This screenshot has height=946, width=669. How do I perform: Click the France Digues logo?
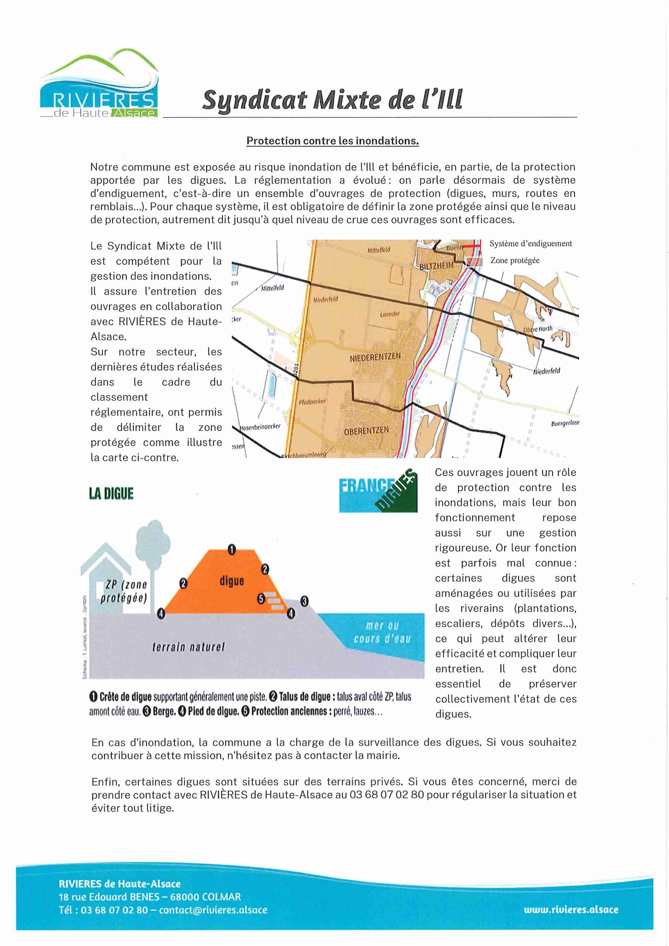(x=378, y=491)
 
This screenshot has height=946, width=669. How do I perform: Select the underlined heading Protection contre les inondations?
(x=332, y=141)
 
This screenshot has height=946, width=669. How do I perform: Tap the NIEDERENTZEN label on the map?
(x=375, y=357)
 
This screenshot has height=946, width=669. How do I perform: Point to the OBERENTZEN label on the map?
(x=366, y=431)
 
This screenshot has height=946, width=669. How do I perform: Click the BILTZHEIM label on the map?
(x=436, y=266)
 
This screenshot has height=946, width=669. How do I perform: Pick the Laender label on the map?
(x=390, y=314)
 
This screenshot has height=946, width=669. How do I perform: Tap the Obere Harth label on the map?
(x=537, y=329)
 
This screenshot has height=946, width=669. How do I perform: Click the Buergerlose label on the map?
(x=565, y=423)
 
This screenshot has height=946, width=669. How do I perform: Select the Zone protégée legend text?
(x=515, y=261)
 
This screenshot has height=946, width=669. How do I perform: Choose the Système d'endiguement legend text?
(x=530, y=244)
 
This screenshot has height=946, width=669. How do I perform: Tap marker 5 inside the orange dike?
(x=261, y=599)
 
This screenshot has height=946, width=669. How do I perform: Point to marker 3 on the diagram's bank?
(x=304, y=601)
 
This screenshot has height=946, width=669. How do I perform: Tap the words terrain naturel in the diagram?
(x=189, y=647)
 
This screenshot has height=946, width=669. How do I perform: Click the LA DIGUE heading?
(x=111, y=494)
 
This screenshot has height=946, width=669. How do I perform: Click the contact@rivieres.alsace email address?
(x=213, y=910)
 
